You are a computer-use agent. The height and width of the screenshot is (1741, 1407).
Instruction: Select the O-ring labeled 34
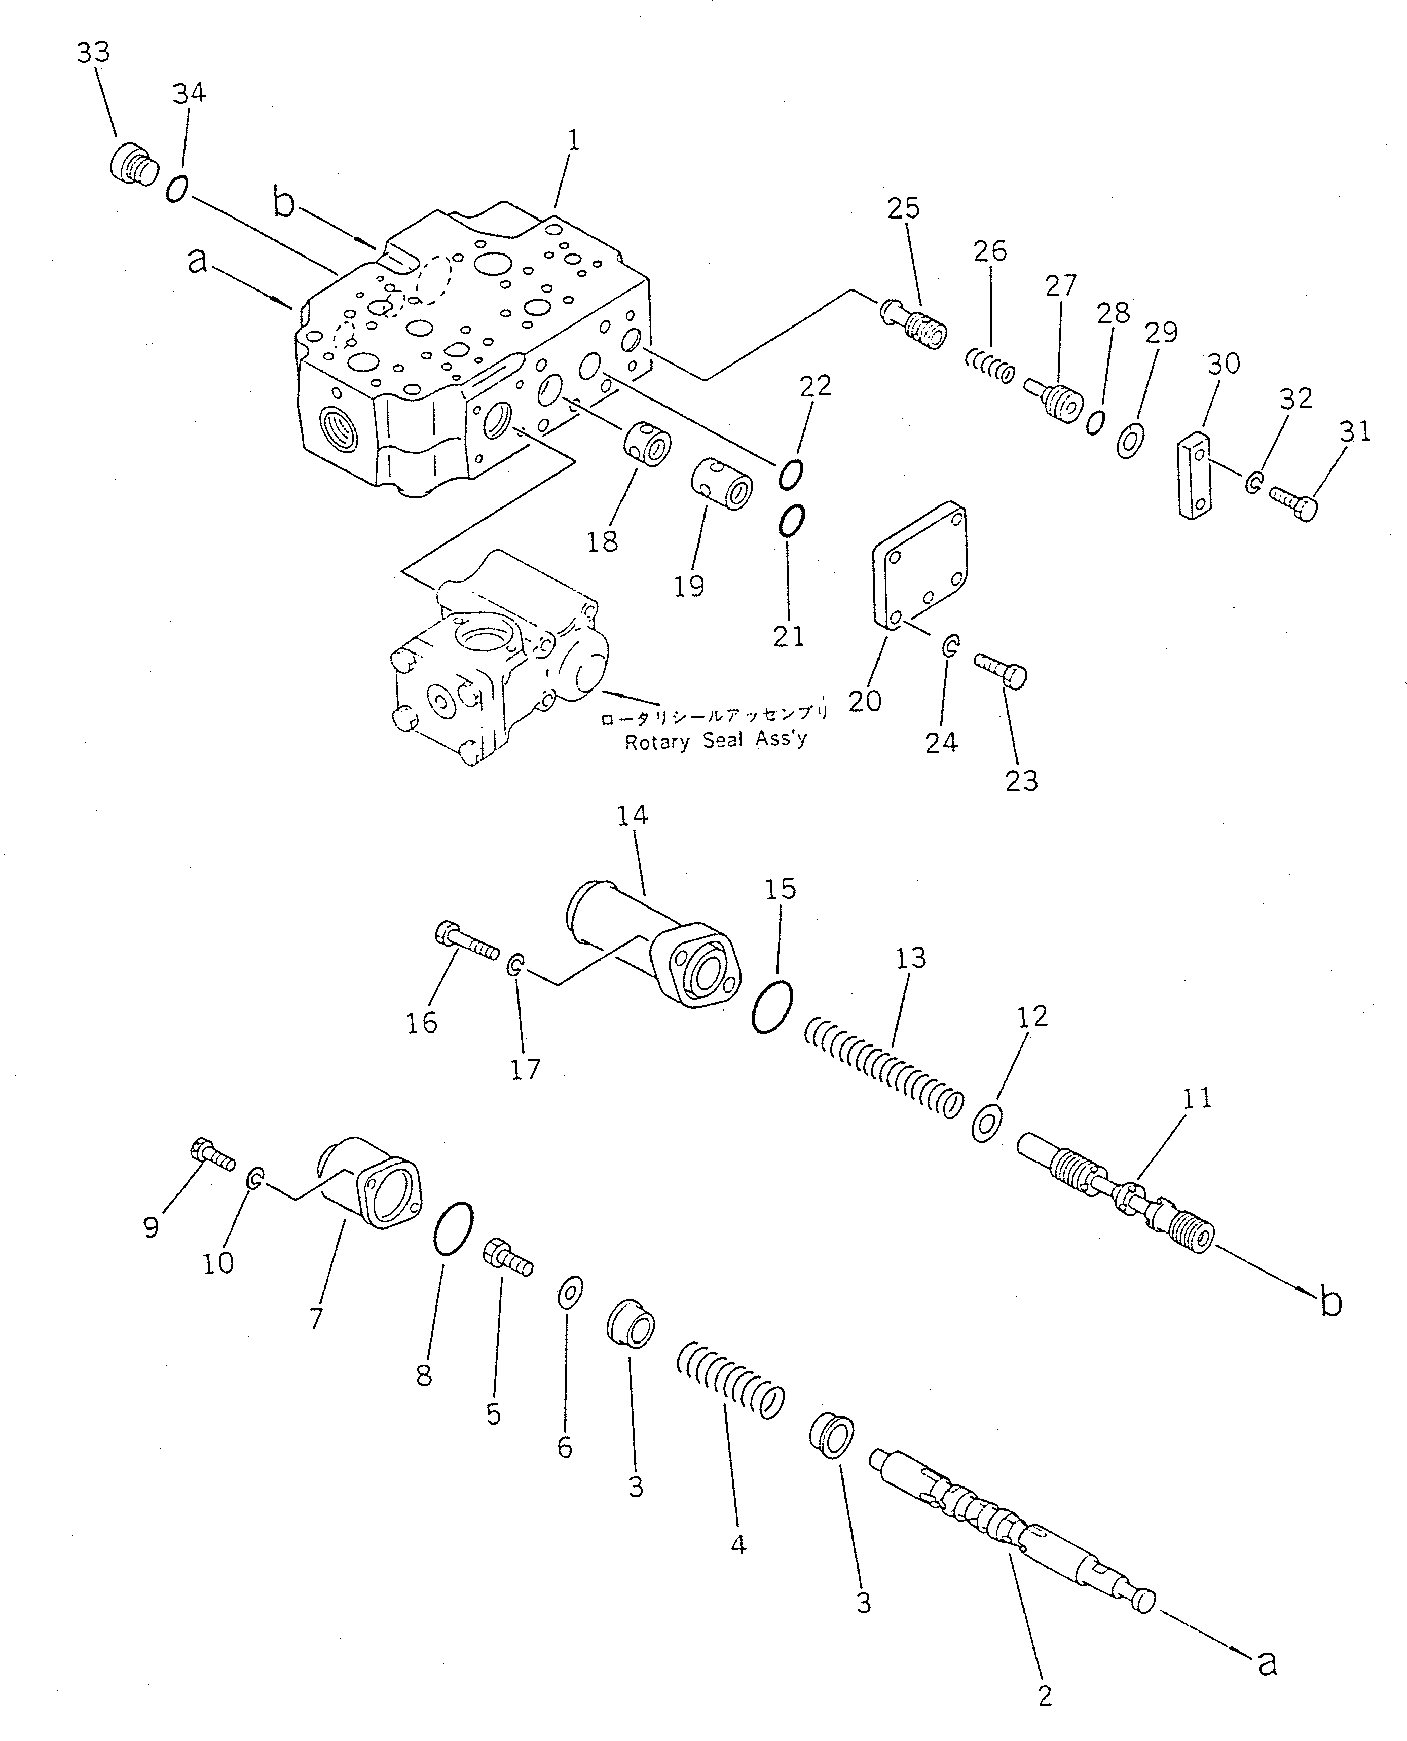tap(177, 190)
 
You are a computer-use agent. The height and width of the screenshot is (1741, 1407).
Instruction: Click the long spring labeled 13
tap(883, 1067)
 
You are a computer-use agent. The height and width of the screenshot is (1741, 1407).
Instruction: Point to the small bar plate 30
tap(1194, 475)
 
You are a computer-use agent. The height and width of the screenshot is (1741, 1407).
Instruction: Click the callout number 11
tap(1197, 1099)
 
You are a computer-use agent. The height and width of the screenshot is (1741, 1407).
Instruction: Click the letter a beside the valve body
tap(197, 261)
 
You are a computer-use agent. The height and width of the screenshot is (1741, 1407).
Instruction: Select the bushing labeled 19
tap(721, 485)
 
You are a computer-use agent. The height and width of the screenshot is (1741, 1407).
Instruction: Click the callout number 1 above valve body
tap(573, 141)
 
